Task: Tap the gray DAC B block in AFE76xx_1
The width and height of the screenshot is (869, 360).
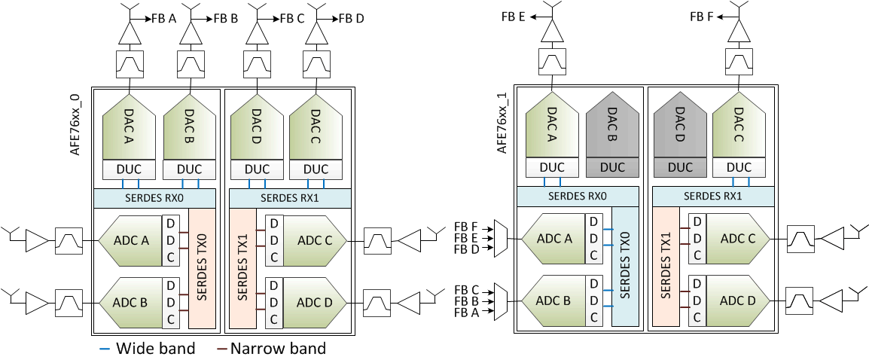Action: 612,127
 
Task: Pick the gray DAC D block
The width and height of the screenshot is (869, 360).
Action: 680,127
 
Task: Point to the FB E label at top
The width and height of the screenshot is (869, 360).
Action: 512,17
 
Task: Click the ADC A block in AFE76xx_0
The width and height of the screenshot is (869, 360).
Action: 130,240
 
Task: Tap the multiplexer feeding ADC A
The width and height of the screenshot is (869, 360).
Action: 498,238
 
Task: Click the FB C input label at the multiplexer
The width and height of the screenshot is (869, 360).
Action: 466,289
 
